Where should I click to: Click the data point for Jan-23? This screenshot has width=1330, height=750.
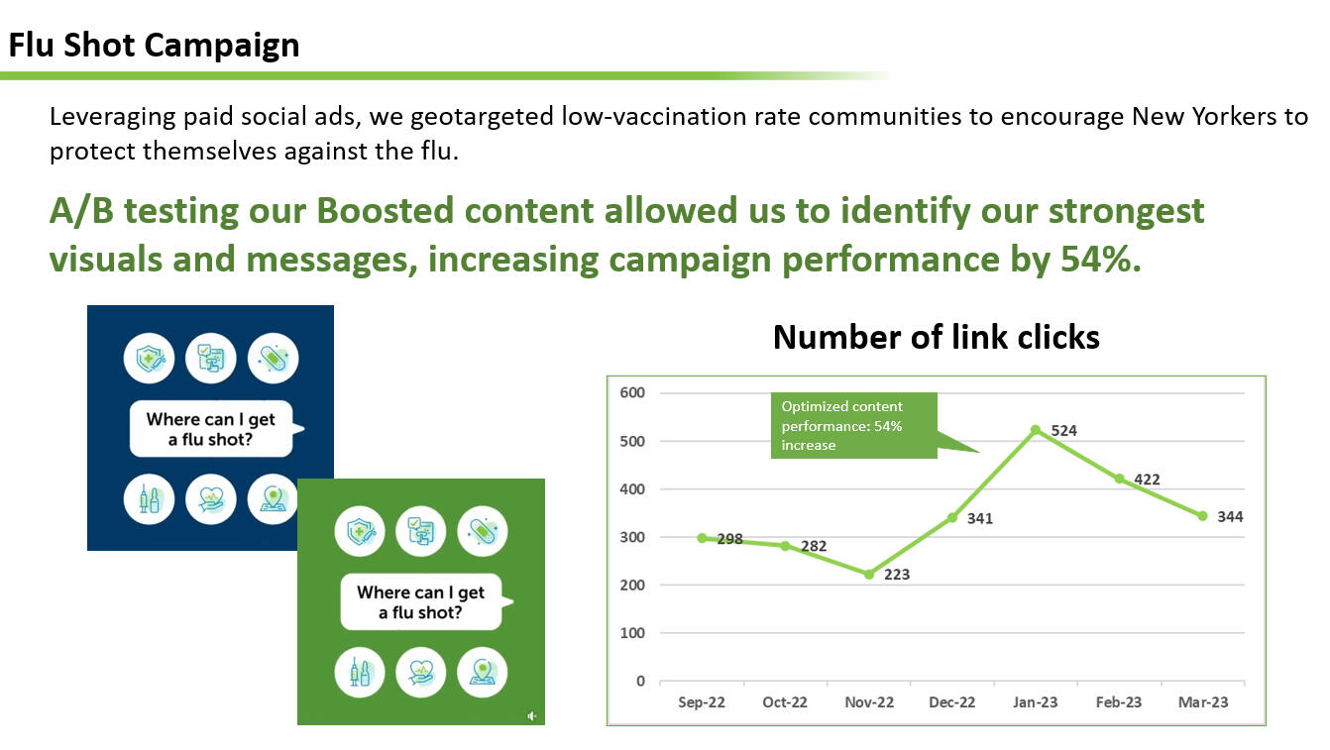coord(1036,430)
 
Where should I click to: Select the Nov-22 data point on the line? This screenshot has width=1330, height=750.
coord(869,575)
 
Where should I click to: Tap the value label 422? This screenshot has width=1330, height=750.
coord(1147,480)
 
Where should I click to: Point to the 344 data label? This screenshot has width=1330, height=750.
coord(1230,517)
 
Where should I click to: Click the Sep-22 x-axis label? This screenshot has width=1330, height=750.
coord(702,702)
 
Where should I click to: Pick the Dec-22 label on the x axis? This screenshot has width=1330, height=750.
coord(951,702)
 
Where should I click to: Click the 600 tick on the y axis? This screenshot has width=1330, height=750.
coord(631,392)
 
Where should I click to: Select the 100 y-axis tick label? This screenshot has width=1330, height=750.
coord(631,633)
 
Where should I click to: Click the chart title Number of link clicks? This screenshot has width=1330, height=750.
coord(937,338)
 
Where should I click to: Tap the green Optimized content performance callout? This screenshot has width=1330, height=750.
coord(854,425)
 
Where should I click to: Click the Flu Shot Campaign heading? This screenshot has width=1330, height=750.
coord(154,46)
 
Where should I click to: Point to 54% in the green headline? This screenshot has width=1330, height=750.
coord(1100,260)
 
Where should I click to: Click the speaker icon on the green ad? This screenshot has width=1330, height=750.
coord(531,716)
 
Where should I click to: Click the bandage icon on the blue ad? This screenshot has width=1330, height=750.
coord(274,359)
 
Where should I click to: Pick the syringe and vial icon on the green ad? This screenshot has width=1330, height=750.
coord(360,673)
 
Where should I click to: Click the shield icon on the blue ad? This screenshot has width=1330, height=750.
coord(149,359)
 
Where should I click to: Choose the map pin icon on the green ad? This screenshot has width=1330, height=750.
coord(482,673)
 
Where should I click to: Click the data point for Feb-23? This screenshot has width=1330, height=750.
coord(1119,479)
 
